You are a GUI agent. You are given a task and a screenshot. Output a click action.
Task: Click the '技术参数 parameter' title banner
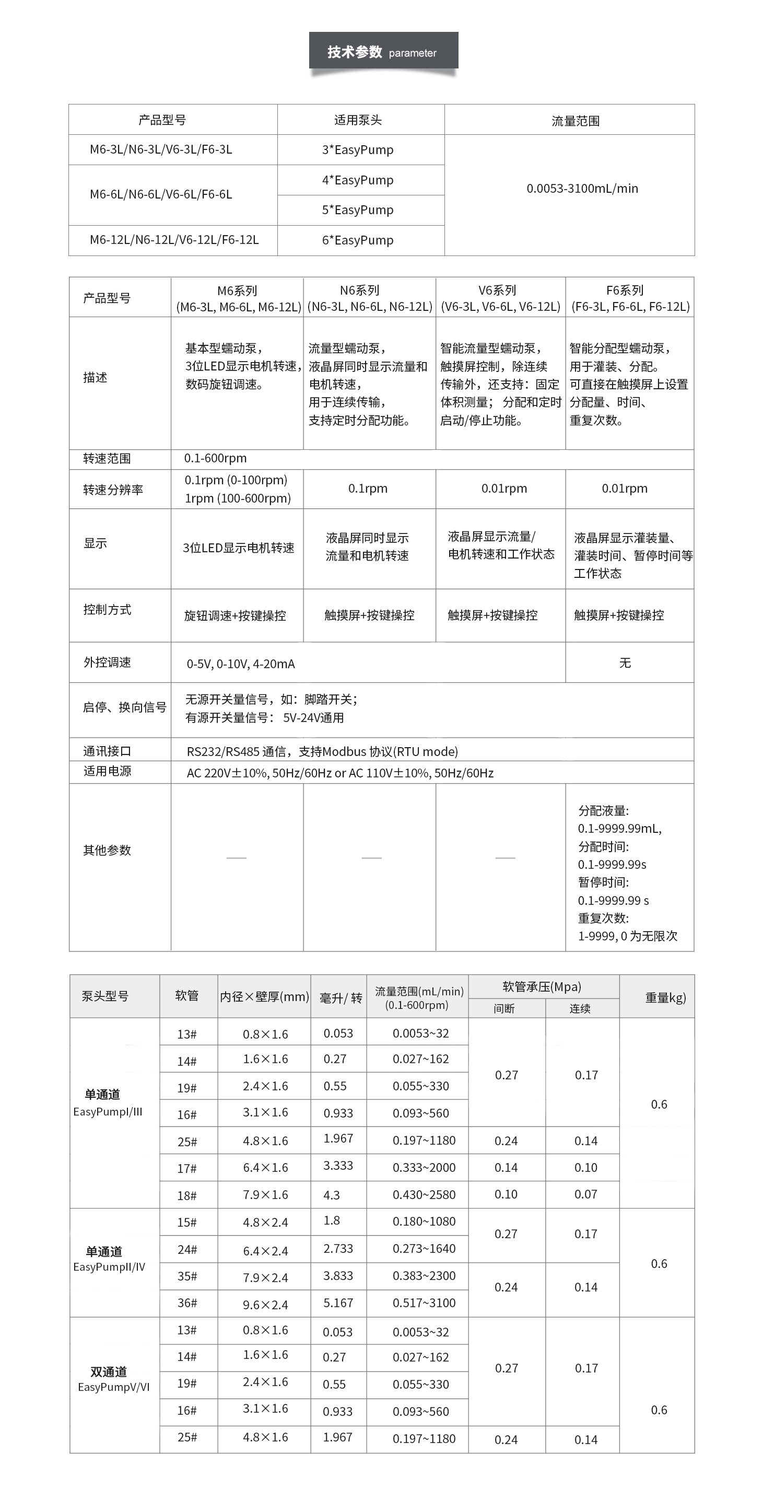(383, 52)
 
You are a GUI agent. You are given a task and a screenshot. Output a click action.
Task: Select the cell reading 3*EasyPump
(358, 149)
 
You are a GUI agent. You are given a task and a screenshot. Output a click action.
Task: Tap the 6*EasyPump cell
(358, 240)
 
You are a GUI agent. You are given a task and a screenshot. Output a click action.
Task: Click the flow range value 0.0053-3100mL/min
(582, 188)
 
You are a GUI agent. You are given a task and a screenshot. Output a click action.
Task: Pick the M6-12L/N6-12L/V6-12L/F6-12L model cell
(174, 240)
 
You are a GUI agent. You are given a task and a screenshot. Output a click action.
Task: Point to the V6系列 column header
(500, 298)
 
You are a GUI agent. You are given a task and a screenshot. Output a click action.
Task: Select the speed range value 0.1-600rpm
(215, 458)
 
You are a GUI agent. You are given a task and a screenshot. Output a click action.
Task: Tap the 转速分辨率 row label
(113, 490)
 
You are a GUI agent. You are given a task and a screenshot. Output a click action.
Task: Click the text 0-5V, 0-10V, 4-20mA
(240, 664)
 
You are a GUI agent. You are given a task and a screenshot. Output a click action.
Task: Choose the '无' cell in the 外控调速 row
(625, 663)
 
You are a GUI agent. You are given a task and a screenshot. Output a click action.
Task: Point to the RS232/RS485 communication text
(322, 751)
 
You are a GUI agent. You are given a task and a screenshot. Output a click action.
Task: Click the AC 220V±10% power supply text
(340, 773)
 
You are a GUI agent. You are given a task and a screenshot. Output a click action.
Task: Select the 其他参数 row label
(107, 850)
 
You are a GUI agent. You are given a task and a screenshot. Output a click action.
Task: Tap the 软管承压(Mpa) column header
(542, 987)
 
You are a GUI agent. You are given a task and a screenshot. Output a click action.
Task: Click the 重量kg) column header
(665, 997)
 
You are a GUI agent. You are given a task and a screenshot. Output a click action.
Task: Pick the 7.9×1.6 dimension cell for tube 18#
(265, 1195)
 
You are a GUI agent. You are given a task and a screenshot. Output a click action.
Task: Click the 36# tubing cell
(187, 1303)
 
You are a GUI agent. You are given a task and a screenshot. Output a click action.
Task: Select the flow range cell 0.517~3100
(424, 1303)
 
